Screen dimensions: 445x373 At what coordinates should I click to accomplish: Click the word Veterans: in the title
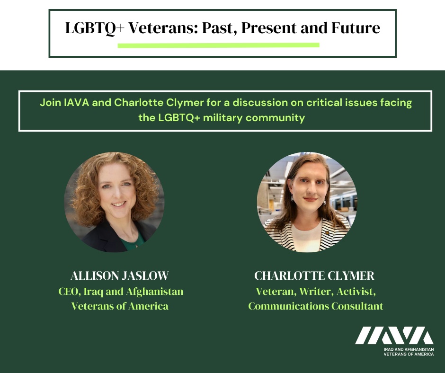tap(163, 28)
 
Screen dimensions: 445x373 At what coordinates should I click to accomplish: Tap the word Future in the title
tap(356, 28)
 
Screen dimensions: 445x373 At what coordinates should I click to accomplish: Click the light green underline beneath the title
tap(219, 45)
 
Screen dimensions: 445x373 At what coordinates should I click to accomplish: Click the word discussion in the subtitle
tap(260, 102)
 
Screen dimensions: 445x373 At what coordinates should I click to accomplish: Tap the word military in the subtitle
tap(223, 117)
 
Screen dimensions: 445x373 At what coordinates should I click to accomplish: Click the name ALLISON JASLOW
tap(119, 275)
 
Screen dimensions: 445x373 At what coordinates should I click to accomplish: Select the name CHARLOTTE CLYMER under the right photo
tap(314, 275)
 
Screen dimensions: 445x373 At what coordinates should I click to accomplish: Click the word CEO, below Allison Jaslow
tap(70, 292)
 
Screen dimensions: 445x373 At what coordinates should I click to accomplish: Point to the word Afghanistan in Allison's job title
tap(155, 292)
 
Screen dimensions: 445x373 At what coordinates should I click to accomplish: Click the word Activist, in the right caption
tap(356, 292)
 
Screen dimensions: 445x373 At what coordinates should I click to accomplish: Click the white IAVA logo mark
tap(394, 336)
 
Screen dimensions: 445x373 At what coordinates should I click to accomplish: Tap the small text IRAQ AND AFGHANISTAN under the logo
tap(409, 349)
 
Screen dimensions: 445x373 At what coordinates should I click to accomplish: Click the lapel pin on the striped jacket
tap(327, 233)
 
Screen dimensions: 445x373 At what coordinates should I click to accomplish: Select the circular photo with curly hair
tap(115, 202)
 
